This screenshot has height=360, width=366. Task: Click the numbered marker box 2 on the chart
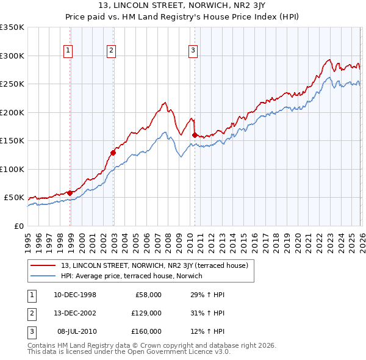coord(111,51)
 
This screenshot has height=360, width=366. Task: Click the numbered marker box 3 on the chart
coord(192,51)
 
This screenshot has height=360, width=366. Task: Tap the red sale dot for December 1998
coord(70,193)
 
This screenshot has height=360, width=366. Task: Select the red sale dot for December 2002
coord(113,153)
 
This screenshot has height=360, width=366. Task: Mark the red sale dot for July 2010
coord(195,135)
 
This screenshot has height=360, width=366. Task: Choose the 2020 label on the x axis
coord(296,241)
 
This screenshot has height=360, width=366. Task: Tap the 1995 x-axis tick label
coord(28,241)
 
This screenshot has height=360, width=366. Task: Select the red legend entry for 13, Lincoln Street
coord(154,265)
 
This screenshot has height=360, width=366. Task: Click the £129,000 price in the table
coord(146,313)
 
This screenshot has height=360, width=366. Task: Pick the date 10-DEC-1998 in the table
coord(75,295)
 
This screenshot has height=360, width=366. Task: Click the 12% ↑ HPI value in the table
coord(207,331)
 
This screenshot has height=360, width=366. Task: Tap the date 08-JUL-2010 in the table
coord(76,331)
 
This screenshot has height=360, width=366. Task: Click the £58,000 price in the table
coord(148,295)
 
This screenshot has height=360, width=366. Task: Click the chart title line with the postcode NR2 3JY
coord(182,8)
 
